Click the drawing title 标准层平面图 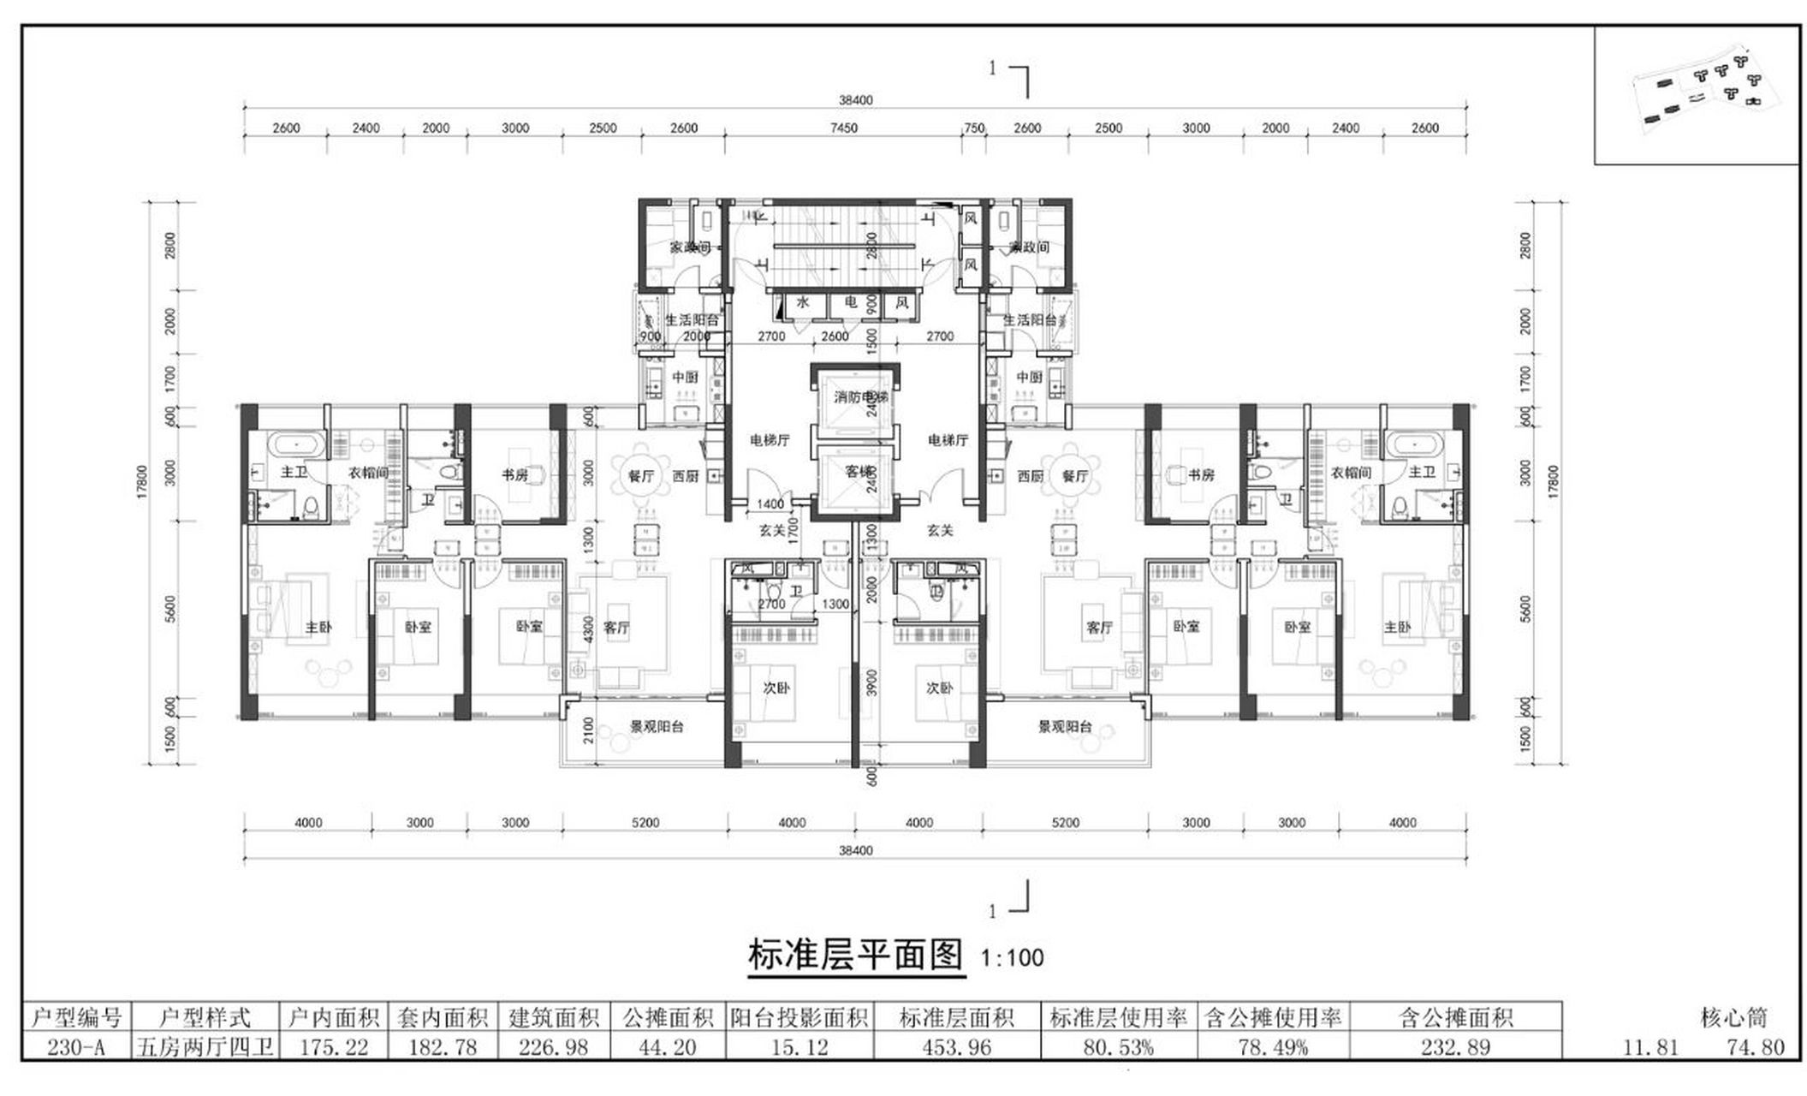(x=855, y=955)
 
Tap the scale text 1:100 (x=1012, y=957)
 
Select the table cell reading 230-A (x=76, y=1046)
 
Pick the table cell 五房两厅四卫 (x=205, y=1046)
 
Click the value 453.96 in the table (x=957, y=1046)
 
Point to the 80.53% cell (x=1118, y=1046)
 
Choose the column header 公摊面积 (x=668, y=1017)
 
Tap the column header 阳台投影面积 (x=799, y=1017)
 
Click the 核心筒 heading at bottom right (x=1733, y=1017)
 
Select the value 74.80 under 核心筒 (x=1756, y=1046)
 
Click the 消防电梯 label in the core (x=859, y=397)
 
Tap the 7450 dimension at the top (x=843, y=128)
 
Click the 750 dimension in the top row (x=974, y=128)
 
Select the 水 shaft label (x=803, y=303)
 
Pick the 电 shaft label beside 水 (x=850, y=303)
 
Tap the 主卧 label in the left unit (x=318, y=628)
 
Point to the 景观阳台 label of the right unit (x=1065, y=727)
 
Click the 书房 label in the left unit (x=515, y=475)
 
